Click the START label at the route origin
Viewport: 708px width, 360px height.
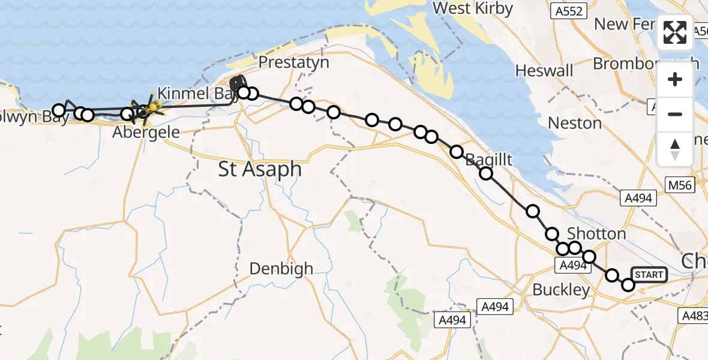tap(649, 275)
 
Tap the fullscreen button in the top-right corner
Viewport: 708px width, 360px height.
tap(675, 32)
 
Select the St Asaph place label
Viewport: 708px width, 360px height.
tap(260, 169)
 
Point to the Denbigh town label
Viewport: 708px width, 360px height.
tap(281, 269)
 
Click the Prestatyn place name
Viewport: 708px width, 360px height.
tap(293, 62)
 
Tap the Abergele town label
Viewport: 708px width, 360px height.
tap(146, 132)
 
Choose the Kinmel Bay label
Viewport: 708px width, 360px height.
tap(192, 94)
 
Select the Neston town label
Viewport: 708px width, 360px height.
tap(575, 123)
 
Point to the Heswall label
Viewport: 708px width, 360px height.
tap(544, 70)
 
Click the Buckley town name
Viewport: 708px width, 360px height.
tap(561, 290)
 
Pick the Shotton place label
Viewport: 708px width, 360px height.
tap(596, 233)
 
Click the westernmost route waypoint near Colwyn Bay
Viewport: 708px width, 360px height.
tap(58, 110)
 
